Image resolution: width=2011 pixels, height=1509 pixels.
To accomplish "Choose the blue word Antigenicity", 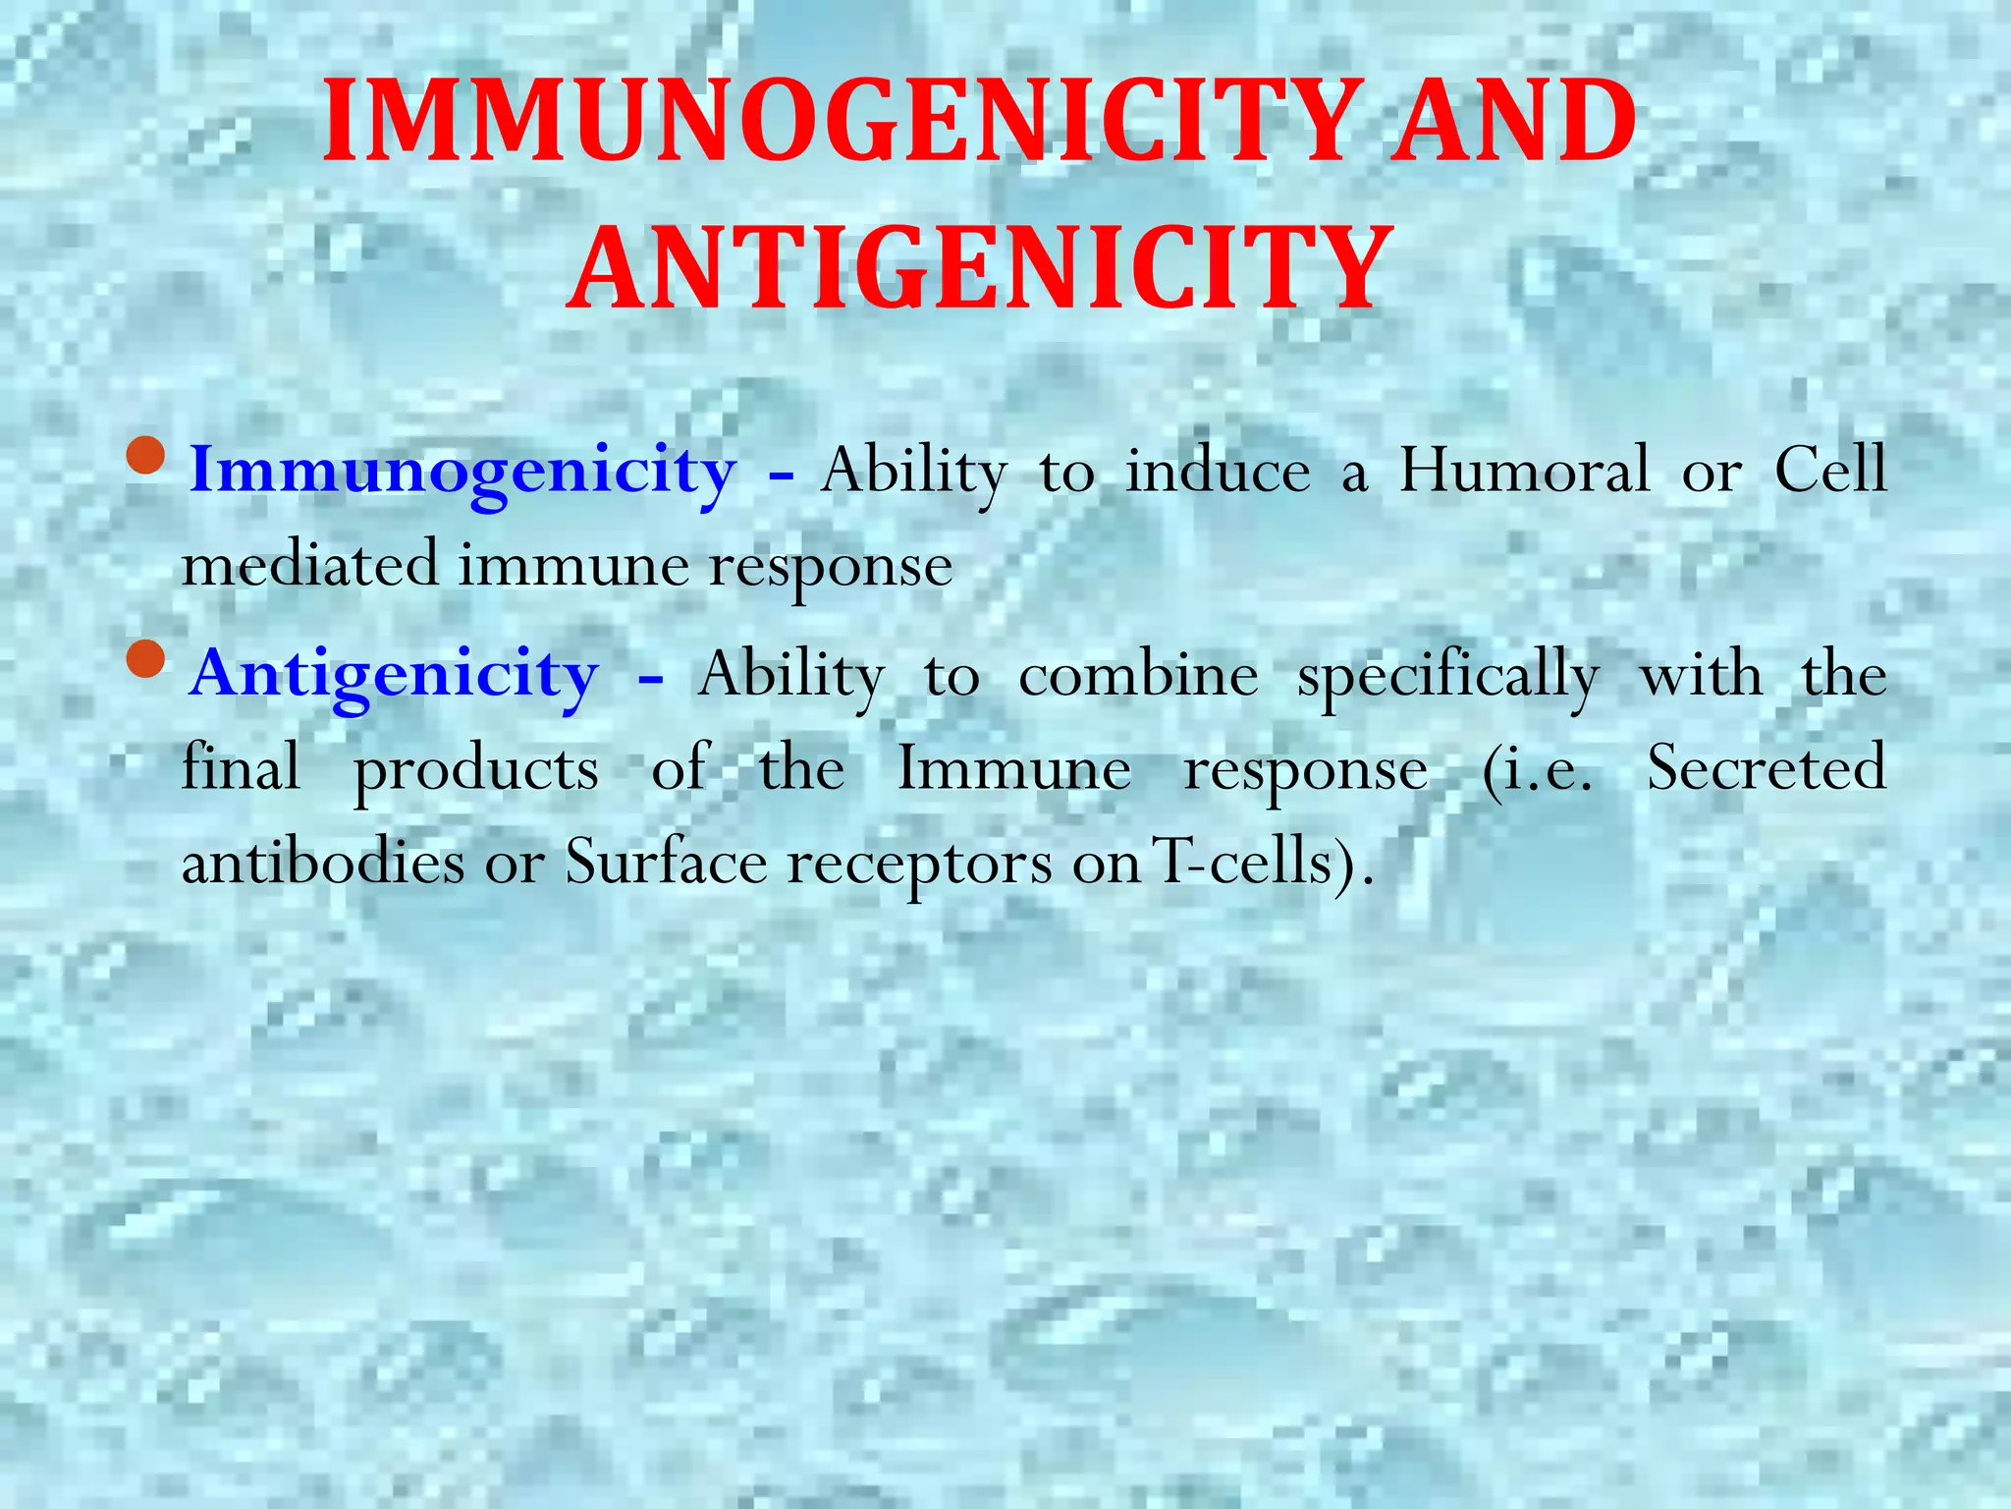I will point(395,676).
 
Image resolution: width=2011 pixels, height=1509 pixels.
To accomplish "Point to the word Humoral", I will point(1525,470).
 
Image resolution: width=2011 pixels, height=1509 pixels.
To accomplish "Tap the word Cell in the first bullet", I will point(1830,470).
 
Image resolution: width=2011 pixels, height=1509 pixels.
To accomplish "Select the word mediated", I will point(310,566).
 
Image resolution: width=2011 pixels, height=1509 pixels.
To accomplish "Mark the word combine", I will point(1138,676).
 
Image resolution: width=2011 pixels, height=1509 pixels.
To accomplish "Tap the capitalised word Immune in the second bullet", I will point(1014,768).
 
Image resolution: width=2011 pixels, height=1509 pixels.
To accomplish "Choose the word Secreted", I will point(1766,768).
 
